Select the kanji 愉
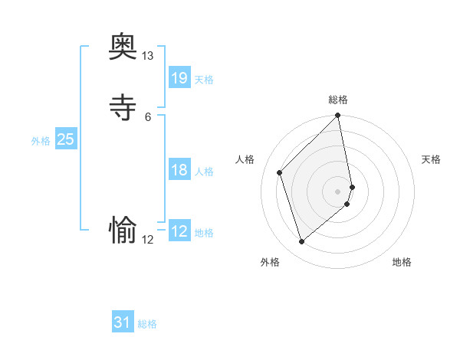pos(123,229)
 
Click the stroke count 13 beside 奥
pos(148,56)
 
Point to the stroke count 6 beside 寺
pos(148,116)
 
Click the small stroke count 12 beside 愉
pos(148,240)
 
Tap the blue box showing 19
pos(179,77)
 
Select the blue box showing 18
pos(179,170)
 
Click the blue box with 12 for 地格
pos(179,231)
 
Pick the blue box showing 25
pos(66,139)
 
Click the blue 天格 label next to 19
pos(204,80)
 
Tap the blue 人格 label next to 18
pos(204,172)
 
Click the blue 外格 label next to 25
pos(41,141)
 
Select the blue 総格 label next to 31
pos(147,325)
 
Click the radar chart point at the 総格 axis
pos(338,116)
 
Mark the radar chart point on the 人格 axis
pos(280,172)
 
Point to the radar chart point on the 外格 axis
pos(301,242)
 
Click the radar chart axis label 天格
pos(431,159)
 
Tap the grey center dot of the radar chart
pos(338,191)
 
